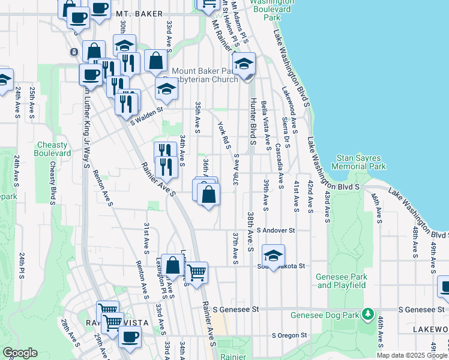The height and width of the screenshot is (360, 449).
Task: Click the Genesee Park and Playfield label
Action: [x=341, y=281]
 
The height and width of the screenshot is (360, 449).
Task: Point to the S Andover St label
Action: [x=276, y=230]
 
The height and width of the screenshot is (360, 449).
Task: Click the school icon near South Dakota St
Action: [x=273, y=256]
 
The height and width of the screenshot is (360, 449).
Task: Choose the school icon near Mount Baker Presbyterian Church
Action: [x=244, y=64]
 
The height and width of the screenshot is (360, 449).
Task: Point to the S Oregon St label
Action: [x=289, y=335]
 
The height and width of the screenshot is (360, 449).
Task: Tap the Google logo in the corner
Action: [x=20, y=353]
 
